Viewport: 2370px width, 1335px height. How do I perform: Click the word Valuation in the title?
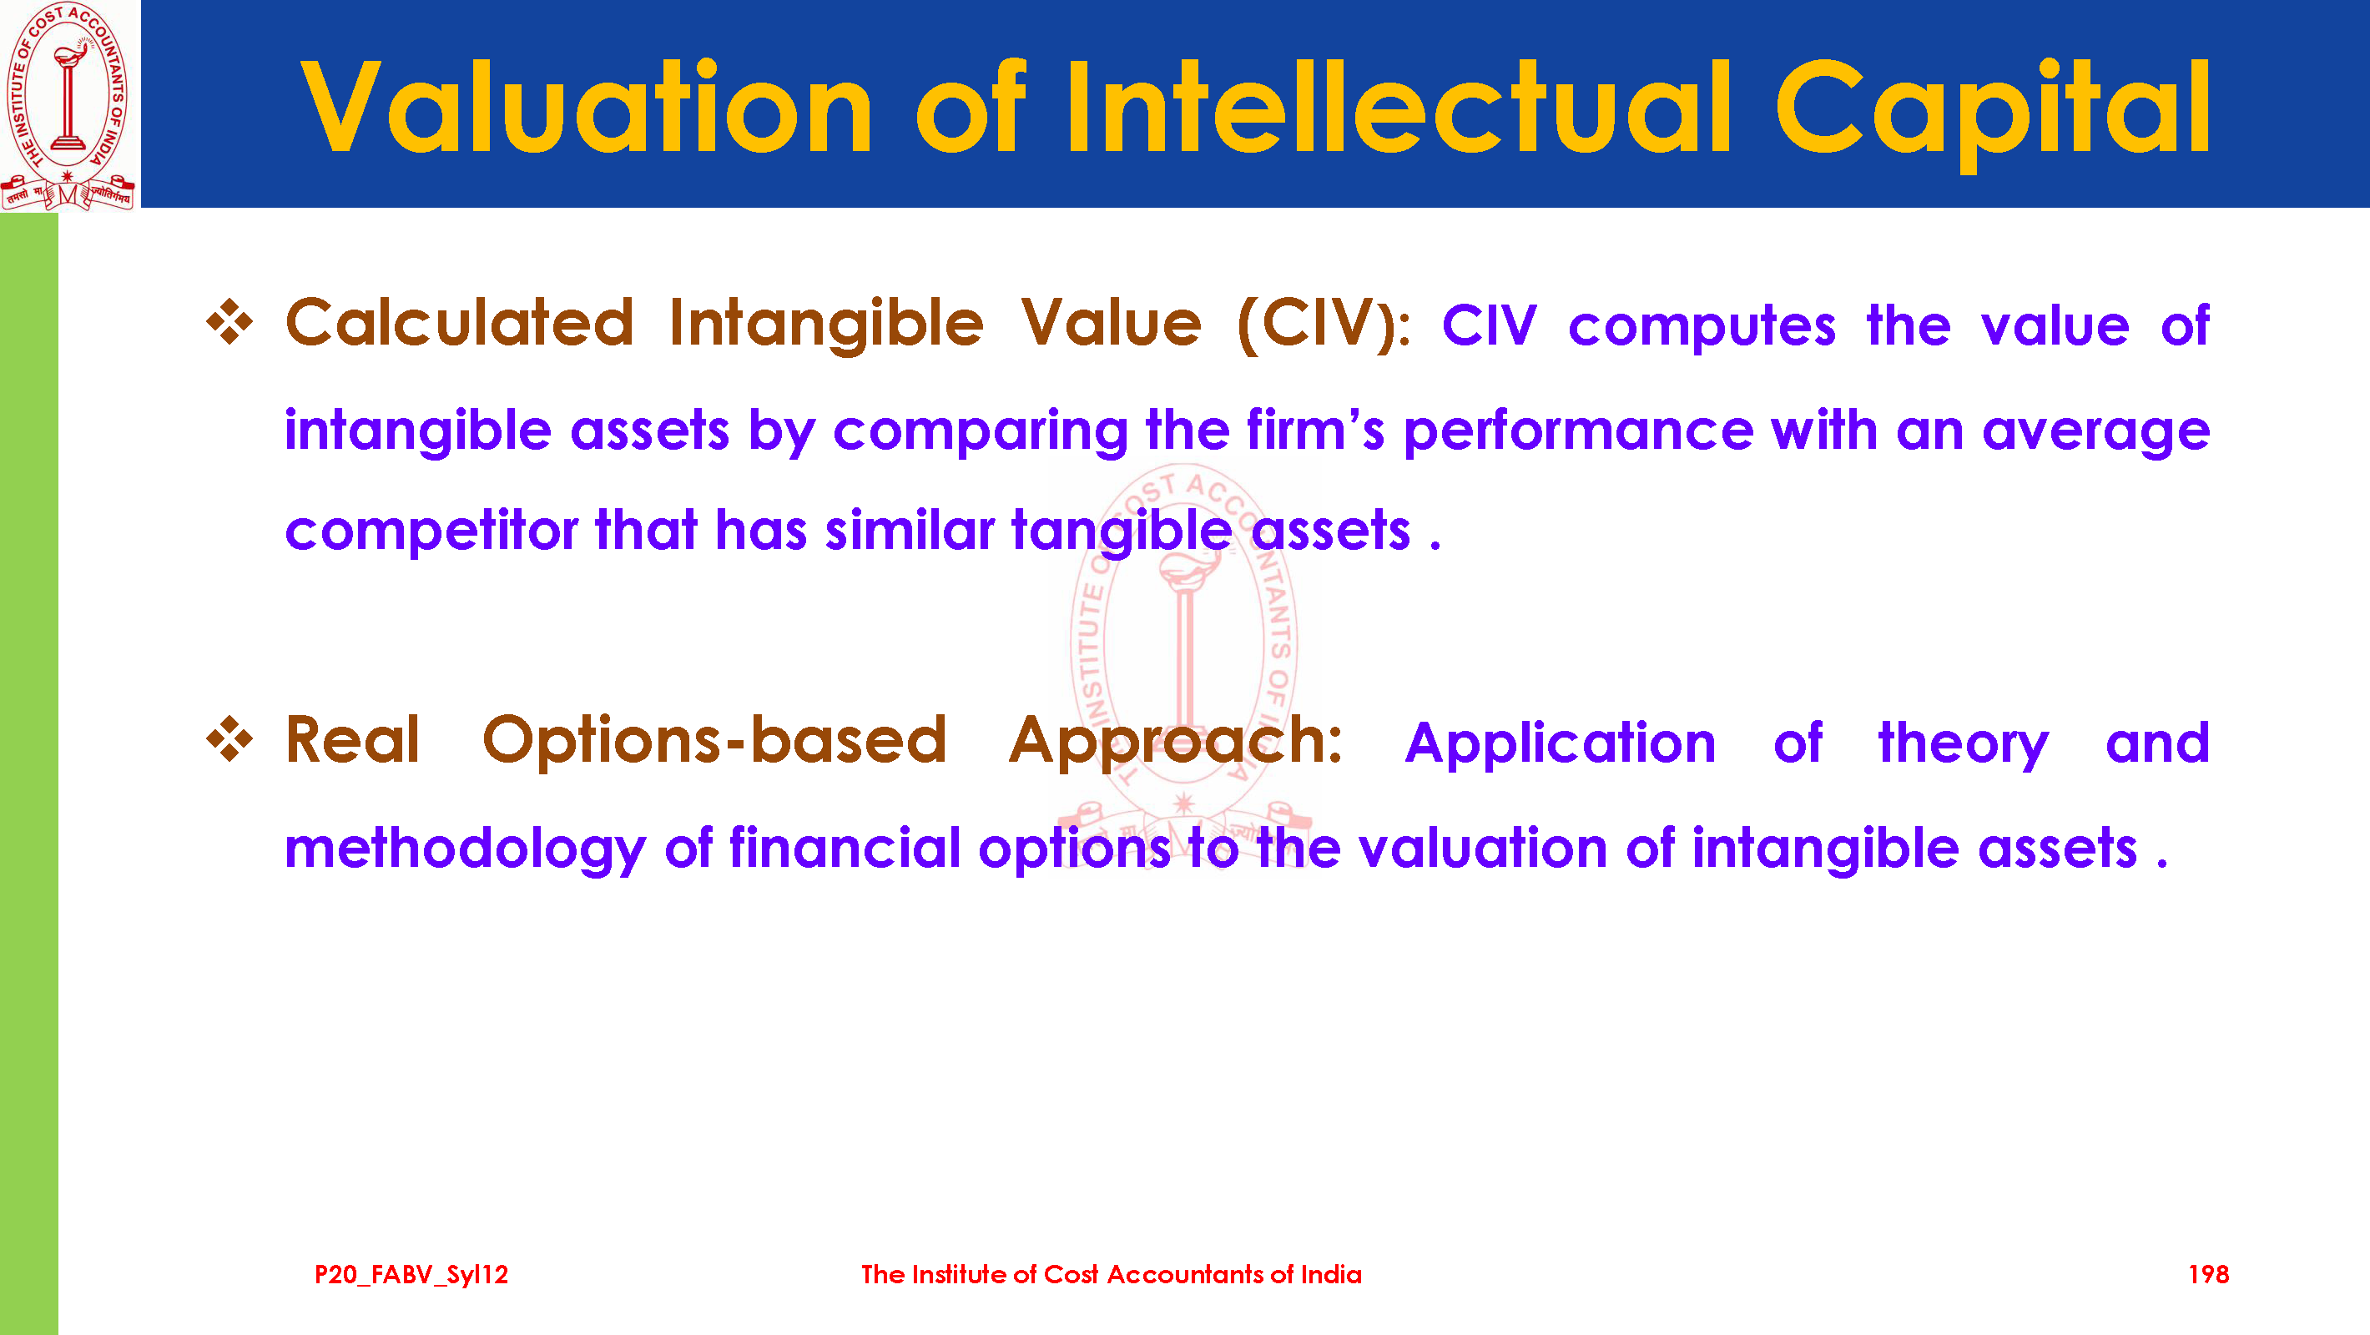click(587, 107)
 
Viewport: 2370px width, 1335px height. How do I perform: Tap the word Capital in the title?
click(1992, 113)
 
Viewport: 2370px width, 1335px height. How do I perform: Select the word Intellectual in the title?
click(1399, 107)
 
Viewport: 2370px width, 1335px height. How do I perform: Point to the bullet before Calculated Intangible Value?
click(229, 322)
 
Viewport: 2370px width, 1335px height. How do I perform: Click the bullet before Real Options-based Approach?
click(229, 738)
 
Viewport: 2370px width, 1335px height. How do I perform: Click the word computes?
click(1702, 328)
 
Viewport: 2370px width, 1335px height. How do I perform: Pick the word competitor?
click(431, 531)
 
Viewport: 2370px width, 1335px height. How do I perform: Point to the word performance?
click(1578, 431)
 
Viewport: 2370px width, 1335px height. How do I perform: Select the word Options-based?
click(714, 743)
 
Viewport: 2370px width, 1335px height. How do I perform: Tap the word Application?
click(1561, 744)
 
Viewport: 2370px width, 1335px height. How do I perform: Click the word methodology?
click(465, 849)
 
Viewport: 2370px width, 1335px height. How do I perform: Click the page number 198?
click(2208, 1274)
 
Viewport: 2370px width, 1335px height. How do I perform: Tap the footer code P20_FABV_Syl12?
click(411, 1275)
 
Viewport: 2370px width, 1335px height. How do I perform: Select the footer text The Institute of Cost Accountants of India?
click(1112, 1274)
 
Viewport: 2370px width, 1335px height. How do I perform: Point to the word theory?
click(1964, 744)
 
